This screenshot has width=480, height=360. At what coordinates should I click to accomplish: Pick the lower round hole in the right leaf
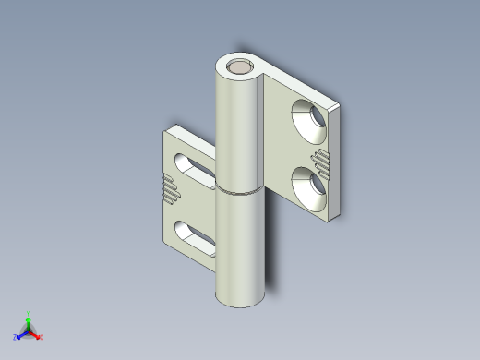coord(310,185)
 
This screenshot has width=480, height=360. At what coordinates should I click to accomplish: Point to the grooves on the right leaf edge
coord(321,161)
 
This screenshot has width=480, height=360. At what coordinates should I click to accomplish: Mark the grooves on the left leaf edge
coord(170,186)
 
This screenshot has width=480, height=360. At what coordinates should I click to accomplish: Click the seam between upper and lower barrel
coord(241,192)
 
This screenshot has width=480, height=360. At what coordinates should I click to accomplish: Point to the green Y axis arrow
coord(29,319)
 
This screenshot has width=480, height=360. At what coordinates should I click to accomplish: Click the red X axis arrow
coord(37,335)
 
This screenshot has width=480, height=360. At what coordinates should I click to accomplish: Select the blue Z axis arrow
coord(20,335)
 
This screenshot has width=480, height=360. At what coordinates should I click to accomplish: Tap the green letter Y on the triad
coord(29,313)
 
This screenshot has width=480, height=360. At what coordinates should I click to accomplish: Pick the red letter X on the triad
coord(42,338)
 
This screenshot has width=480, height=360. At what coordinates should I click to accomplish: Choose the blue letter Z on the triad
coord(16,338)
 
